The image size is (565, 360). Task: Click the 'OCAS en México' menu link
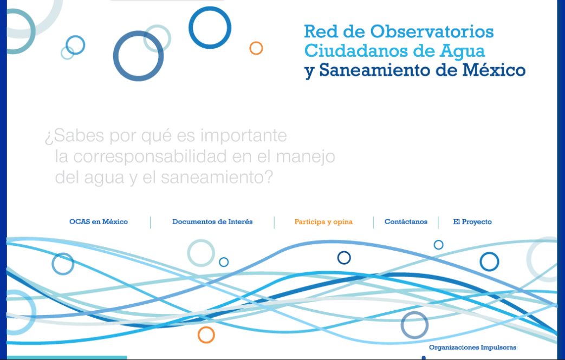tap(99, 222)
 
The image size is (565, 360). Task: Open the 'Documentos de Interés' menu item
tap(212, 222)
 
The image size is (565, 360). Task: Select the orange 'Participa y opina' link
tap(323, 222)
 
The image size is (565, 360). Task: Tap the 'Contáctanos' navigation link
tap(406, 222)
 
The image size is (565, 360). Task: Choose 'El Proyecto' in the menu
tap(472, 222)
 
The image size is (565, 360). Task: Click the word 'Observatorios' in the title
tap(432, 32)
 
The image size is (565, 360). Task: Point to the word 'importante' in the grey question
tap(244, 136)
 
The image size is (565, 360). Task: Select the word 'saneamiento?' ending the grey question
tap(217, 178)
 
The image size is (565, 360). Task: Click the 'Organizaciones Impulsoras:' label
tap(473, 348)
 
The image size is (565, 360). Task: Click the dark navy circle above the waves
tap(344, 252)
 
